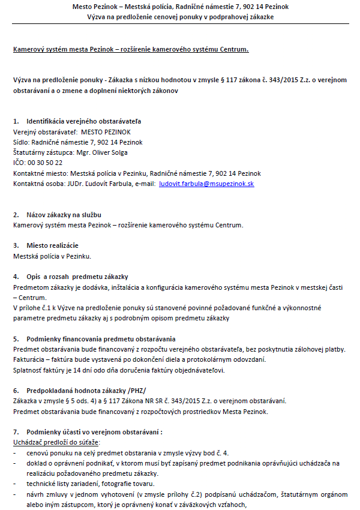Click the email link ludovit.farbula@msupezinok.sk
[206, 184]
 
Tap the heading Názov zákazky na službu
[64, 215]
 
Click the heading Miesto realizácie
[52, 245]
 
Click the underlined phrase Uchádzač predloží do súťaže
[56, 442]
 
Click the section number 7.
[16, 432]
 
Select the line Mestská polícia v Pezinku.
[52, 256]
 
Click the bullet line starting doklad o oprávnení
[180, 463]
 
